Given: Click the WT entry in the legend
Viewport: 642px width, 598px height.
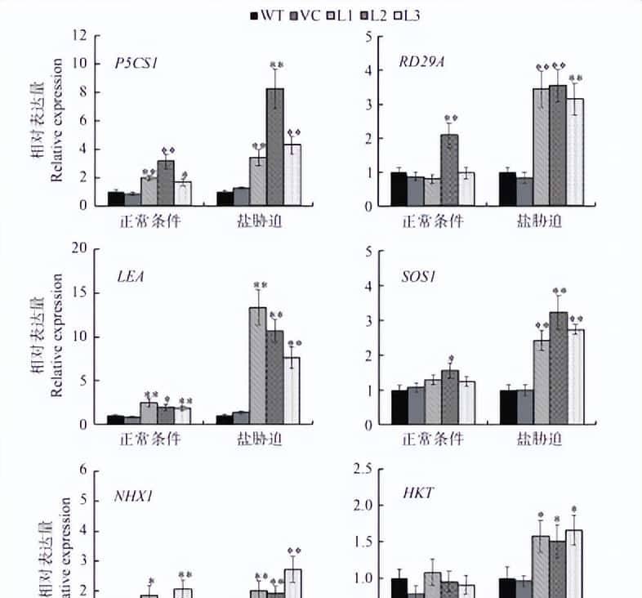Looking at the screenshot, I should point(265,15).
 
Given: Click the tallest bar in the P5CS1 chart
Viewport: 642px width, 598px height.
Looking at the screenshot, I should point(275,146).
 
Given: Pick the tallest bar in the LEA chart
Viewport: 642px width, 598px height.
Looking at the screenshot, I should point(258,365).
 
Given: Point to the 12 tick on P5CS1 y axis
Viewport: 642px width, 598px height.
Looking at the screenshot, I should point(79,34).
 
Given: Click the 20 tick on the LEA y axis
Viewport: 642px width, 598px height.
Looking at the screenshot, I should point(79,249).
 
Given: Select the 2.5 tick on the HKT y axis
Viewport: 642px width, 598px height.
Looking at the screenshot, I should point(362,469).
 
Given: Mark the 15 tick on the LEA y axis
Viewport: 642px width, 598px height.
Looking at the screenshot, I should point(79,292).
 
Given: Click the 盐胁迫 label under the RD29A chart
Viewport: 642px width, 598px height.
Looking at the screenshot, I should point(540,221).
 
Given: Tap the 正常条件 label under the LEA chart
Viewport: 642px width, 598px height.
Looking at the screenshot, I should point(149,439).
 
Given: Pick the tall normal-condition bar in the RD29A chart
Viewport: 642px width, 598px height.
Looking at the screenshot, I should point(449,170).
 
